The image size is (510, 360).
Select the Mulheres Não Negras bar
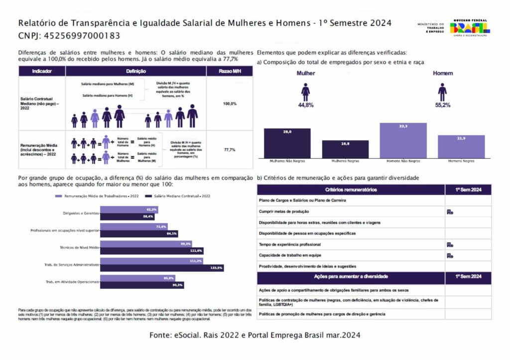click(287, 143)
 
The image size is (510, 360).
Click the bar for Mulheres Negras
click(345, 149)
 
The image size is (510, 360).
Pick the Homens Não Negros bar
click(403, 140)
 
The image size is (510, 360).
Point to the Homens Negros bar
click(461, 146)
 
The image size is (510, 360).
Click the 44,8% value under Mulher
click(305, 105)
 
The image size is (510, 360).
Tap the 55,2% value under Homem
click(442, 105)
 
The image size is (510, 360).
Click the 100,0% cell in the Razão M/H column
click(230, 104)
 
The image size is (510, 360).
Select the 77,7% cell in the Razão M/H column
click(230, 149)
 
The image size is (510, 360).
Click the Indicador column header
click(42, 71)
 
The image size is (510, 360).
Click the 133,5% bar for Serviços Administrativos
click(162, 268)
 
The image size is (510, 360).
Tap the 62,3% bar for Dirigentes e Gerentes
click(129, 210)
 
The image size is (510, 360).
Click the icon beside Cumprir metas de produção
click(450, 212)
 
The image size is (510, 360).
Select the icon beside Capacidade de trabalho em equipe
click(450, 255)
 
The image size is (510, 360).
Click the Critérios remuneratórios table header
click(351, 190)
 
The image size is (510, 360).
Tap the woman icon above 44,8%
click(305, 92)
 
